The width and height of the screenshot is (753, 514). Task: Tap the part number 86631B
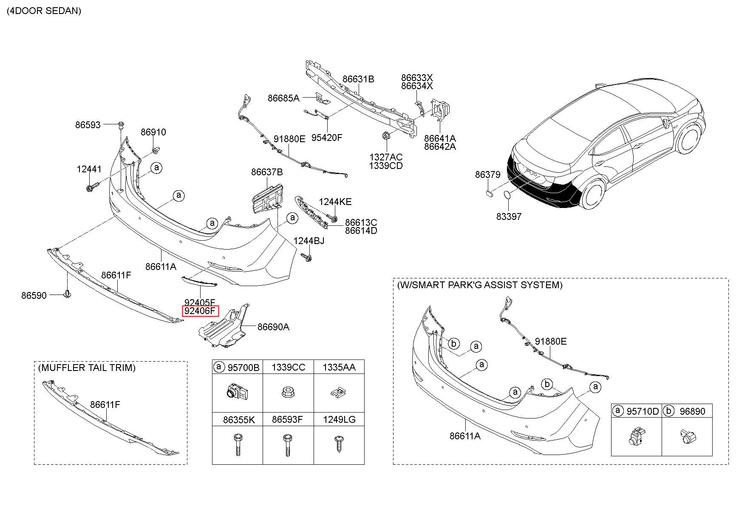coord(358,79)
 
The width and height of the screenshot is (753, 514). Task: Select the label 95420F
coord(327,138)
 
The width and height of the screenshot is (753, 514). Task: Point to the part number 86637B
coord(266,172)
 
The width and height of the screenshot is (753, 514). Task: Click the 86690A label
coord(273,327)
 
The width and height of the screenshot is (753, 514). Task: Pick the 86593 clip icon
coord(121,125)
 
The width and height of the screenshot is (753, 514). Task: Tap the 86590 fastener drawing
coord(67,294)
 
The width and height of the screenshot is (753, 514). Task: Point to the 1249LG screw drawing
coord(339,444)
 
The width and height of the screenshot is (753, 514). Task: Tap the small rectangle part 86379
coord(489,193)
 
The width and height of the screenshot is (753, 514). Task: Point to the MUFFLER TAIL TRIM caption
coord(87,368)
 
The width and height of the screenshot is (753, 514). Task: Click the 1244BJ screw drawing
coord(307,257)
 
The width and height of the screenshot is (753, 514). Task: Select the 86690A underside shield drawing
coord(223,329)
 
